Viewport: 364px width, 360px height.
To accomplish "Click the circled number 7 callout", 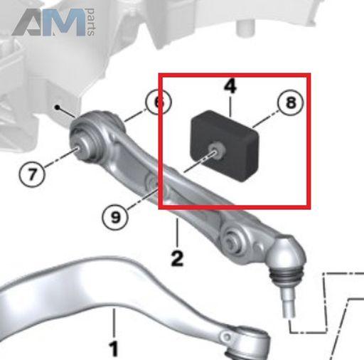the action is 32,174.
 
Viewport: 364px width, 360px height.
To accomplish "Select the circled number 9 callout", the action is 115,217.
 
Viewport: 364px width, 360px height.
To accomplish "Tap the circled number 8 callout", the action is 291,102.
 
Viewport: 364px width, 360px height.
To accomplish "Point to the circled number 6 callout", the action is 158,102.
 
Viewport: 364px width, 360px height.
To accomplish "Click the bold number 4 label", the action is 230,86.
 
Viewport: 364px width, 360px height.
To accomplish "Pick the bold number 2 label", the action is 177,258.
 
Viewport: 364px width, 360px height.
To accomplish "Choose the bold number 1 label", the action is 114,349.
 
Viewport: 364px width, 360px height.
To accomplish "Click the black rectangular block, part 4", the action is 224,146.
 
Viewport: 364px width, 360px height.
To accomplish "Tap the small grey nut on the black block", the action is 216,150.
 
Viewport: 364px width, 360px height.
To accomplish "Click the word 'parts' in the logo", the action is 91,22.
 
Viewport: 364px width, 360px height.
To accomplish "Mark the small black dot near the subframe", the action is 57,107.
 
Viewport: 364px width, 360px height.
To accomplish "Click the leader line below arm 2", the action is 177,233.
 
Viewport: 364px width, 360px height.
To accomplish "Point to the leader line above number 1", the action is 114,323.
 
